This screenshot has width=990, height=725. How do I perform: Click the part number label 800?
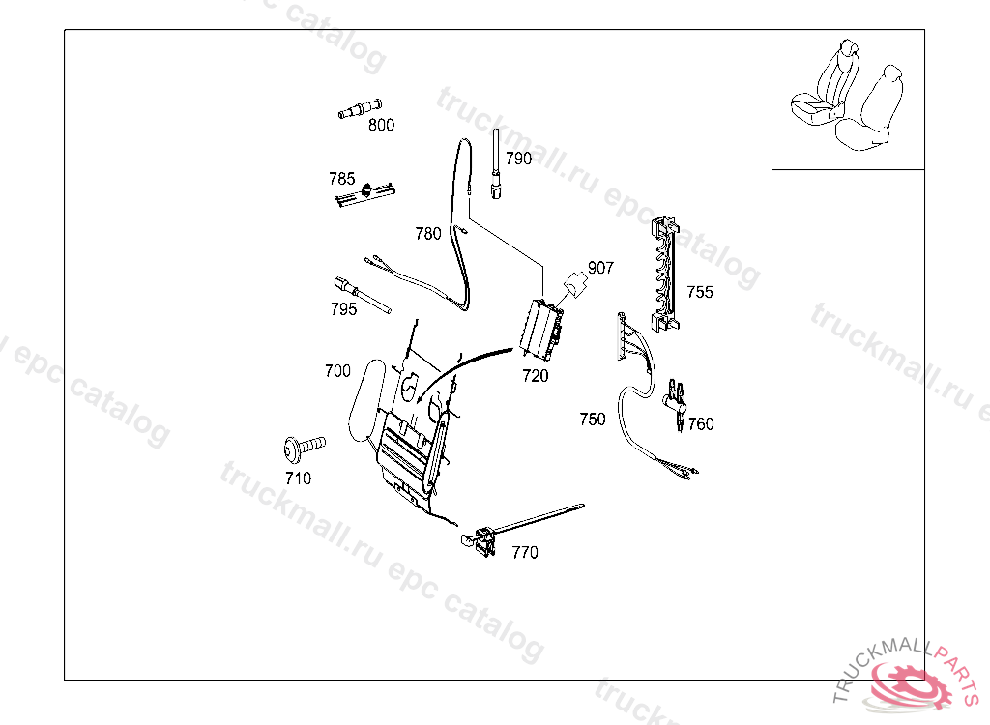click(381, 125)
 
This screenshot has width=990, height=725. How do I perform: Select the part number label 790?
click(518, 159)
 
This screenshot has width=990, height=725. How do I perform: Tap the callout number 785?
click(341, 179)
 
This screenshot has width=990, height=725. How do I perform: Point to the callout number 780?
click(427, 233)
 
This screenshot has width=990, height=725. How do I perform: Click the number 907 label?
click(600, 268)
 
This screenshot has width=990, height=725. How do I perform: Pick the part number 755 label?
click(700, 292)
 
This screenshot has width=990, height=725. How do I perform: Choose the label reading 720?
click(535, 376)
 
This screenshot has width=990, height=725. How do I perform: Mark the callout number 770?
click(525, 552)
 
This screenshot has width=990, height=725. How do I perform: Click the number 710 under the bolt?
click(298, 478)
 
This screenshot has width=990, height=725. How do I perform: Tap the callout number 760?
click(701, 423)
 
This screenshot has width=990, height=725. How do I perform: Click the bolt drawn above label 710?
click(302, 448)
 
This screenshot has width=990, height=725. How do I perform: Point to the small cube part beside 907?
click(574, 286)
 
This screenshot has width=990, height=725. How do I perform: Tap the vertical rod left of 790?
click(496, 164)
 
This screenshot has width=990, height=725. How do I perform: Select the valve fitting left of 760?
click(677, 398)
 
